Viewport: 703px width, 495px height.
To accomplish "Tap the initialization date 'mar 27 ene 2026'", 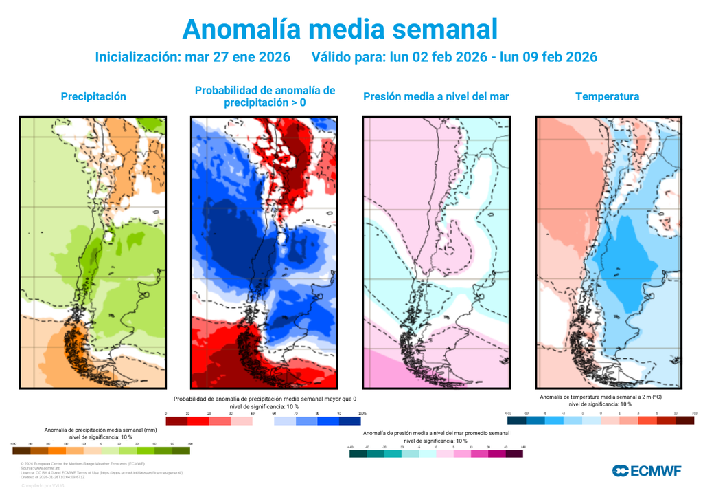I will click(238, 57).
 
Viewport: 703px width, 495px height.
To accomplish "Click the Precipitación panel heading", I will click(93, 96).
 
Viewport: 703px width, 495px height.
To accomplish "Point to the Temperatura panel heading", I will click(608, 96).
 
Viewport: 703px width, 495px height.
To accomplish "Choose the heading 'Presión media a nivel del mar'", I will click(436, 96).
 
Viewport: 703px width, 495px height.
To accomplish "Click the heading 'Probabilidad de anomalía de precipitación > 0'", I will click(265, 96).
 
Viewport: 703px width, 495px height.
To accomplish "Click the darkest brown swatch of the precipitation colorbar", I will click(21, 450).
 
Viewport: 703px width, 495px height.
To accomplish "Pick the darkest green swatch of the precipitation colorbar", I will click(181, 450).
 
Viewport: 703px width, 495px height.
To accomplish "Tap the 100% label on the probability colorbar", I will click(362, 413).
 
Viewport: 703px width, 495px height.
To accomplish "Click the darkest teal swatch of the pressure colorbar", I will click(358, 454).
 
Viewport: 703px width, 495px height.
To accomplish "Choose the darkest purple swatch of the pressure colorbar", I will click(514, 454).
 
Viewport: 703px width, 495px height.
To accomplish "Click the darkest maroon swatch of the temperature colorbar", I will click(684, 419).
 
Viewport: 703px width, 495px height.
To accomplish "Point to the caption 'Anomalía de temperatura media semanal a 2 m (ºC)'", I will click(601, 397).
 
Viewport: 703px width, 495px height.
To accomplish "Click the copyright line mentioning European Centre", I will click(82, 465).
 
